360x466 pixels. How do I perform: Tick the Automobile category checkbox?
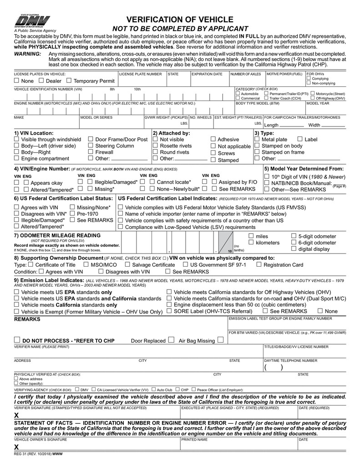[x=238, y=93]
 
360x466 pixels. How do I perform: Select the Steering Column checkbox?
[x=91, y=146]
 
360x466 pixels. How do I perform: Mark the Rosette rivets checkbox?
[x=155, y=146]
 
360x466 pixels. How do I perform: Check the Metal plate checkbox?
[x=257, y=139]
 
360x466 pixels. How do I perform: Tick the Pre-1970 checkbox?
[x=72, y=213]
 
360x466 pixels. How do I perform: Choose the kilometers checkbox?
[x=251, y=243]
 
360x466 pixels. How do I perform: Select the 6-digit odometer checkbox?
[x=294, y=243]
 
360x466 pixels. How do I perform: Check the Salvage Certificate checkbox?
[x=127, y=264]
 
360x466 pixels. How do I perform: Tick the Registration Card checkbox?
[x=259, y=264]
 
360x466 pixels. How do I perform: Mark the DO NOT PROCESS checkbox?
[x=17, y=340]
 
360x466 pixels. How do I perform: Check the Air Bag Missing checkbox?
[x=220, y=339]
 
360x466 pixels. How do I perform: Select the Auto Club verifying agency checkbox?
[x=153, y=390]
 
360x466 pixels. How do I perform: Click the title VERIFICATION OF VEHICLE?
[x=180, y=20]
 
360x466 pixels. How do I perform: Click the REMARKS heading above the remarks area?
[x=27, y=319]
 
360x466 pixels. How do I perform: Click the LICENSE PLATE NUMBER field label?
[x=140, y=74]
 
